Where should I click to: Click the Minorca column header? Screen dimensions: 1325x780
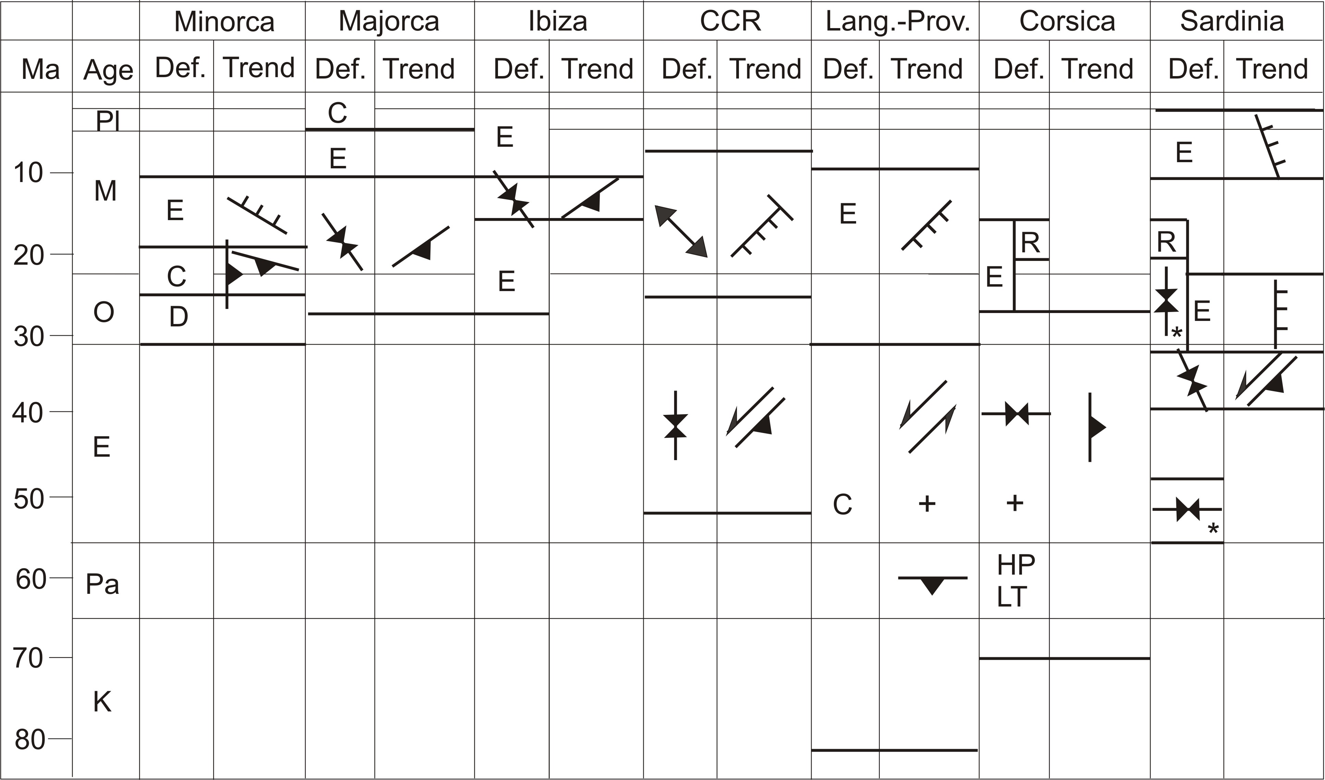click(224, 22)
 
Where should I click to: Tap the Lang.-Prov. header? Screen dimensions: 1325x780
click(897, 22)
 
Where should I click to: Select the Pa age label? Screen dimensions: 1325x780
click(102, 584)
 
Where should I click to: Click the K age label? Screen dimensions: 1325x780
click(102, 701)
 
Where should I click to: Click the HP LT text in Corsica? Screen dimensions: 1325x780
click(1015, 581)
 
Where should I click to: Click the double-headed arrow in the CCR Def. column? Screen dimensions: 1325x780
click(681, 231)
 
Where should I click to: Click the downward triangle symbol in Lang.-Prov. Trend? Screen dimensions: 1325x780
click(932, 584)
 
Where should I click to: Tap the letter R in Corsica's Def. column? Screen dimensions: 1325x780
click(1030, 242)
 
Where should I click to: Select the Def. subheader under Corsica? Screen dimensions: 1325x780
click(1018, 69)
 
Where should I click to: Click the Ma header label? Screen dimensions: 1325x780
click(40, 69)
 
